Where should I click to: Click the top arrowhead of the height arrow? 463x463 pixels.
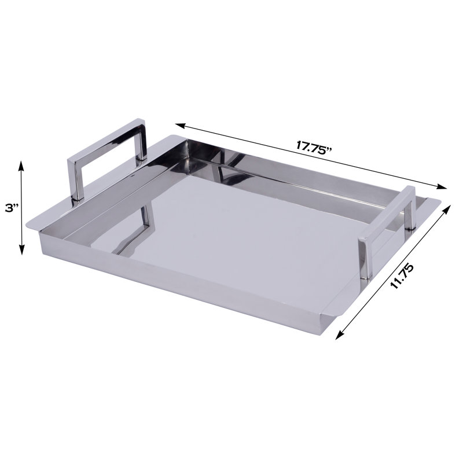[22, 164]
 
